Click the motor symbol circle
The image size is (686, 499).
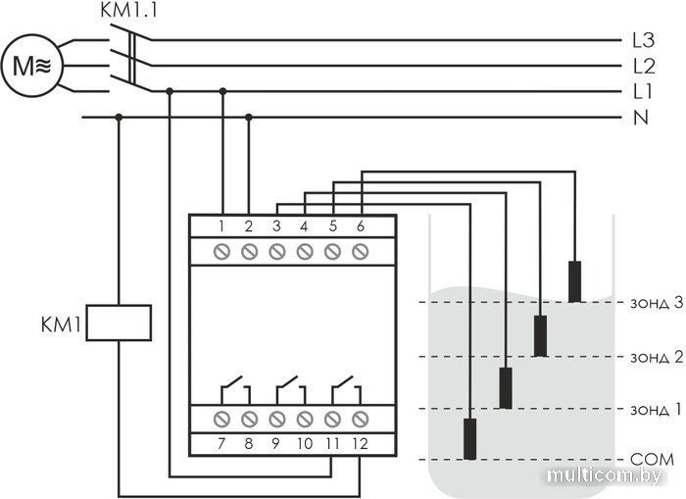click(32, 66)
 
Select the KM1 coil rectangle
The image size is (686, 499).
click(119, 323)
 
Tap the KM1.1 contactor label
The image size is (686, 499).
click(126, 12)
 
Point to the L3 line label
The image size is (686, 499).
click(643, 41)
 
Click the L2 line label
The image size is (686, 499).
click(643, 67)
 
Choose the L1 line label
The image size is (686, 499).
click(643, 92)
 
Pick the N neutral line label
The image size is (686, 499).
click(642, 118)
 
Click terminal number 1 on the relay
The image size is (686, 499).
click(222, 226)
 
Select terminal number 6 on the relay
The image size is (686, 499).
click(360, 226)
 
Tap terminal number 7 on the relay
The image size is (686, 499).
click(222, 444)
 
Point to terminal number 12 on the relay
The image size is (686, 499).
click(360, 444)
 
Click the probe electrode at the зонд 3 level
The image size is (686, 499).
click(574, 281)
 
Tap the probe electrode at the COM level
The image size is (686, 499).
click(470, 438)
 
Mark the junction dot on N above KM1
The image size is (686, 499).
click(119, 118)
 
